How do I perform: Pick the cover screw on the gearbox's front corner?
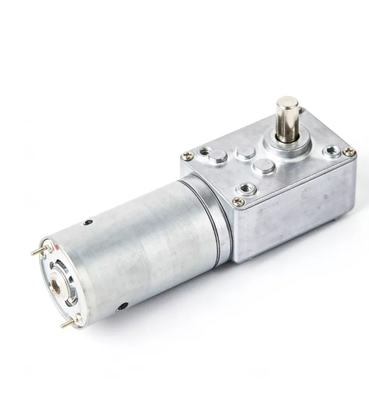pos(239,201)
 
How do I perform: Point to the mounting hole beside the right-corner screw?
pos(332,150)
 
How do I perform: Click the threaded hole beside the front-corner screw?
pos(246,188)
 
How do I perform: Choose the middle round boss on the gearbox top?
pos(245,152)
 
